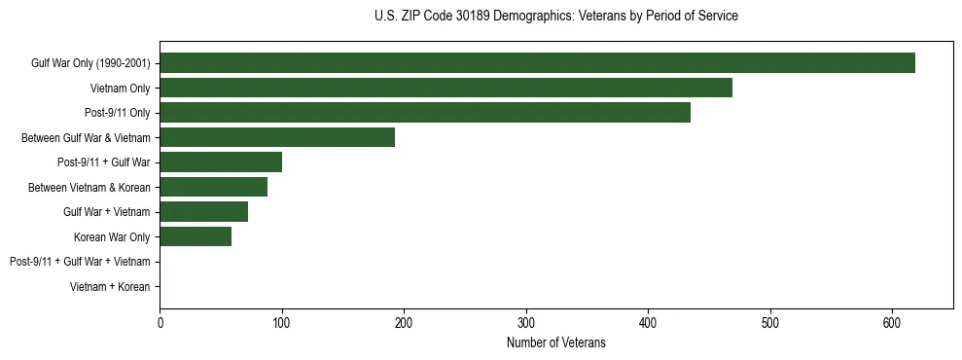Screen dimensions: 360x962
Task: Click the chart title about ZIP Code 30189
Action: pyautogui.click(x=555, y=17)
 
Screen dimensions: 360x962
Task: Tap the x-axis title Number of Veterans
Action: pyautogui.click(x=555, y=342)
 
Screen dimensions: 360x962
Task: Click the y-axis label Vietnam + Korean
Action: pyautogui.click(x=110, y=287)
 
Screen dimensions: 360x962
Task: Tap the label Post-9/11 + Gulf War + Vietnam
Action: pyautogui.click(x=80, y=262)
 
